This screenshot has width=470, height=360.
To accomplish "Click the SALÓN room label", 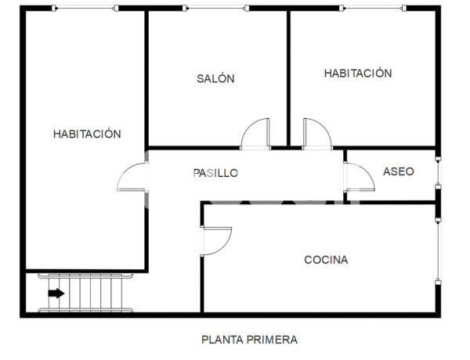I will coord(215,78).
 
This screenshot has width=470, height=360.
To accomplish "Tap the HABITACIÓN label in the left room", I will coord(87,134).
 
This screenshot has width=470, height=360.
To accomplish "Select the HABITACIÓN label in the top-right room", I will coord(358,73).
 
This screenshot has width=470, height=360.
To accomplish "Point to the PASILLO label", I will coord(215,173).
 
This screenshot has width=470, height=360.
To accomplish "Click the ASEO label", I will coord(398,171).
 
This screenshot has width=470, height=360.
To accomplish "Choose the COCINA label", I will coord(326,260).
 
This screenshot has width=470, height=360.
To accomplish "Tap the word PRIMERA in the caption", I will coord(273,340).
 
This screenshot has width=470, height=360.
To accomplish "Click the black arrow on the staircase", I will coord(56,293).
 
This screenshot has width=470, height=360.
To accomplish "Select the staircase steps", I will coord(90,293).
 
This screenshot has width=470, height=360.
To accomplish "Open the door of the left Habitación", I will coord(132,178).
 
